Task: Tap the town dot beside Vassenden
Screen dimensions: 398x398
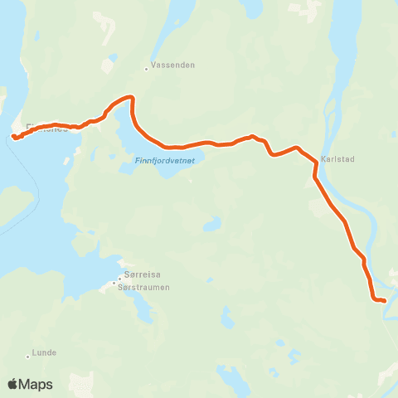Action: pos(146,69)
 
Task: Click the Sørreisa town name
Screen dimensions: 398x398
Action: pos(137,280)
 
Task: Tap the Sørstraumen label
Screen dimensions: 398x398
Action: pos(143,288)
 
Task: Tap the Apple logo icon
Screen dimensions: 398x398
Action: pos(13,384)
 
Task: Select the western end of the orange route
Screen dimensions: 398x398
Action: pos(14,137)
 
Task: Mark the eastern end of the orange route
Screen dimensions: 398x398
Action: pos(384,300)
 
